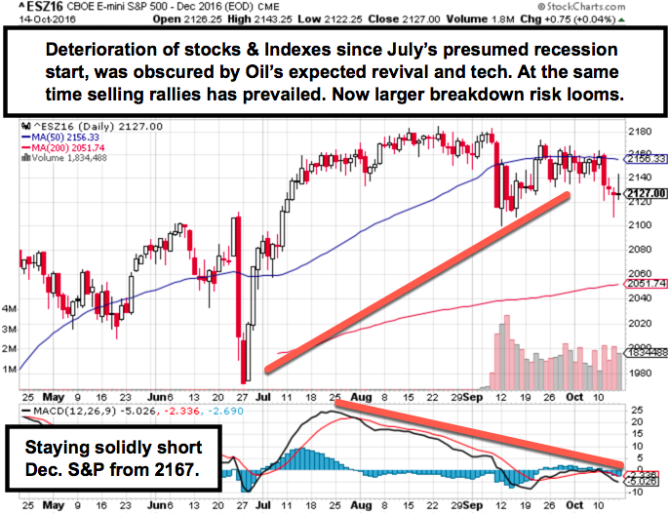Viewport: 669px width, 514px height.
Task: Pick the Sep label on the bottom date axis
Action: click(x=475, y=506)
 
